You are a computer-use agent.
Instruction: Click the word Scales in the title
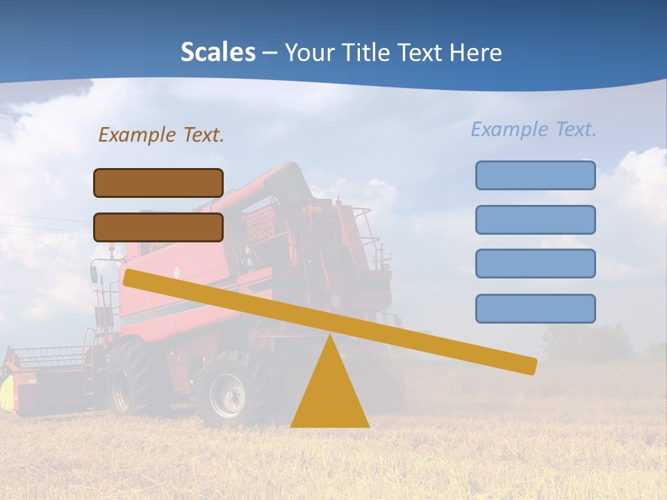pyautogui.click(x=217, y=52)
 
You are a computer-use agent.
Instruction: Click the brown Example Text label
pyautogui.click(x=161, y=135)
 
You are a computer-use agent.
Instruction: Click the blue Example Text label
pyautogui.click(x=534, y=129)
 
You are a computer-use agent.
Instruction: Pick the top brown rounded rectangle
pyautogui.click(x=158, y=183)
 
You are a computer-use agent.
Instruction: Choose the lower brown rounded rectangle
pyautogui.click(x=158, y=227)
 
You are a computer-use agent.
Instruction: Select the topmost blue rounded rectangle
pyautogui.click(x=535, y=175)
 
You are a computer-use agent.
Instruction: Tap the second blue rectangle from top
pyautogui.click(x=535, y=219)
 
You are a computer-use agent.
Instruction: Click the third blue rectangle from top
pyautogui.click(x=535, y=264)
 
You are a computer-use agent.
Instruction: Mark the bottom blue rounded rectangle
pyautogui.click(x=535, y=308)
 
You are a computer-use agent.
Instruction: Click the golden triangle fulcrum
pyautogui.click(x=329, y=392)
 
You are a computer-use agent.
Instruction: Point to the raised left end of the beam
pyautogui.click(x=132, y=278)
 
